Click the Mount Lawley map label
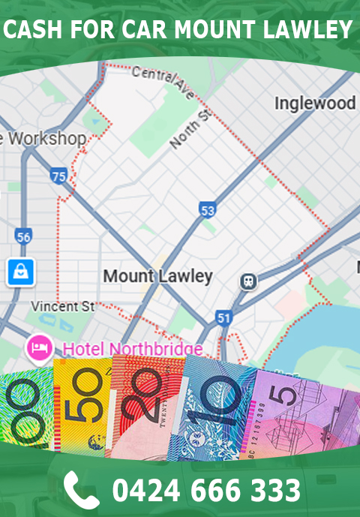point(157,275)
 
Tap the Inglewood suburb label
point(314,103)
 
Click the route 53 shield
point(208,209)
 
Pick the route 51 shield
point(223,318)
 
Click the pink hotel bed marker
point(37,347)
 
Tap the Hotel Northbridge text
point(132,349)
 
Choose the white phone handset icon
point(80,489)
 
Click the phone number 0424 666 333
point(206,490)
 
